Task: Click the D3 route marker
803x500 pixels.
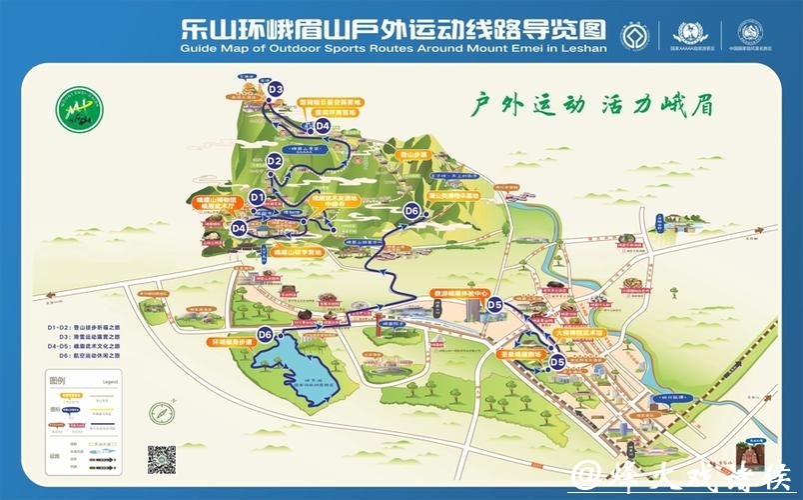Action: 277,90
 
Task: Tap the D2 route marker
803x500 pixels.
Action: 276,160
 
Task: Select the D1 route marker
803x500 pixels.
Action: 257,198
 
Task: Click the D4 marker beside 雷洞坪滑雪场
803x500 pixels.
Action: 322,126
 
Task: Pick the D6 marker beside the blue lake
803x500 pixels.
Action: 266,334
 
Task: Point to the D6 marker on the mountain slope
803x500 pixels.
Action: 411,211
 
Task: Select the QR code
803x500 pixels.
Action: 162,460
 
